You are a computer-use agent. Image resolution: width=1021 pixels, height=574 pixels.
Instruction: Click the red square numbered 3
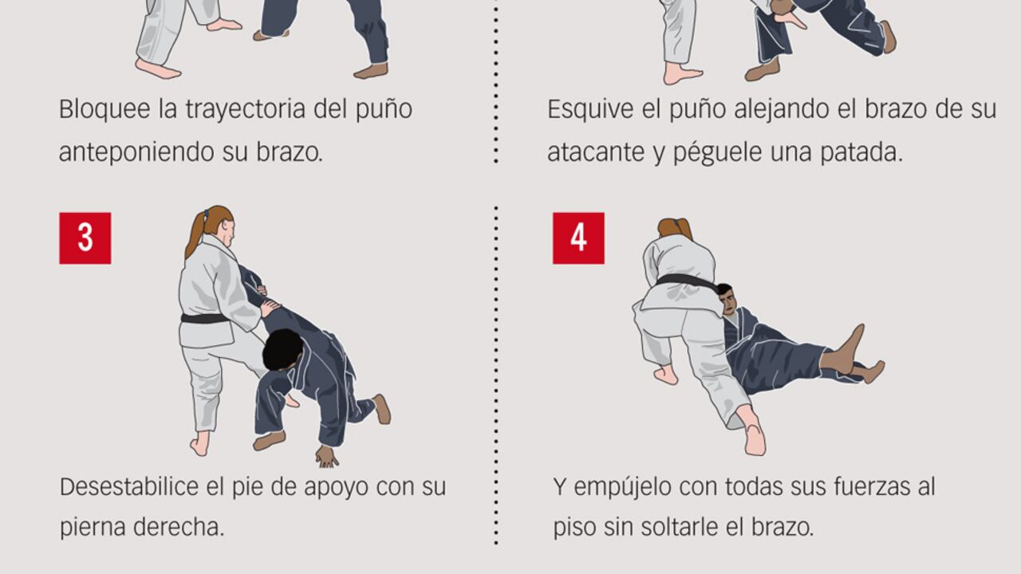click(x=85, y=238)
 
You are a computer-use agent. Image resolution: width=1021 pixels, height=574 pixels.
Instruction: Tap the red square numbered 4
click(x=579, y=238)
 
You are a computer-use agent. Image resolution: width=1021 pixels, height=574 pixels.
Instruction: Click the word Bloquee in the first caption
click(x=104, y=109)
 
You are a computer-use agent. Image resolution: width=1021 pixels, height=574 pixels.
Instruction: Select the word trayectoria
click(x=245, y=110)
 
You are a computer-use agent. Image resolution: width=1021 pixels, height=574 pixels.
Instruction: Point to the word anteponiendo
click(x=136, y=152)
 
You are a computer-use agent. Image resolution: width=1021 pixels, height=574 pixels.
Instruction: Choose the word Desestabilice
click(x=129, y=486)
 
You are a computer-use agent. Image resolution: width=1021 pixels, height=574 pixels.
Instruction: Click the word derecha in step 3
click(x=179, y=528)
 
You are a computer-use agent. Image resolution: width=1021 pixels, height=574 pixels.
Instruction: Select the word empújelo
click(x=622, y=487)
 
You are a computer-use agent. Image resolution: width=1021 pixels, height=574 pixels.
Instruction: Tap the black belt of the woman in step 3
click(x=205, y=318)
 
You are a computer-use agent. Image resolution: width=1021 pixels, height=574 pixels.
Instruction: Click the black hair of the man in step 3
click(x=282, y=349)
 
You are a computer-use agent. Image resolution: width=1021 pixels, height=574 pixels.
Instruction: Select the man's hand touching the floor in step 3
click(x=327, y=457)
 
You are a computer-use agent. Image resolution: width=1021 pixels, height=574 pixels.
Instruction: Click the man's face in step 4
click(x=729, y=301)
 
